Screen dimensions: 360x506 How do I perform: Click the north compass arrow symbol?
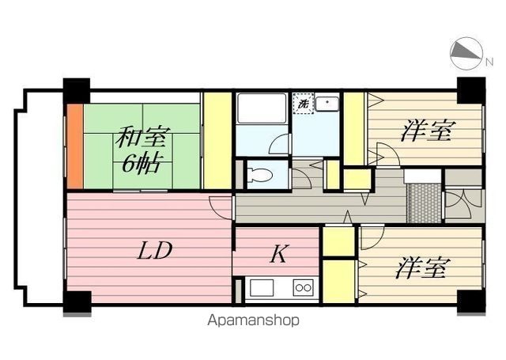[x=465, y=54]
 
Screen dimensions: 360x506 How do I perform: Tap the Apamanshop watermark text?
[x=253, y=321]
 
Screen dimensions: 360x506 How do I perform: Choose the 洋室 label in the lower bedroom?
[x=420, y=268]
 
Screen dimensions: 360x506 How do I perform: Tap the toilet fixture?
[x=259, y=174]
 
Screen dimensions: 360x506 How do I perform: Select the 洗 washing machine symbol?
[x=302, y=103]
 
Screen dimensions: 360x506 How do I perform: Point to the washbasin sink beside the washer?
[x=327, y=103]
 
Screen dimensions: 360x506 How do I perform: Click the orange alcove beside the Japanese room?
[x=74, y=146]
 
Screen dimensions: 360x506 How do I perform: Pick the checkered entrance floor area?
[x=422, y=202]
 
